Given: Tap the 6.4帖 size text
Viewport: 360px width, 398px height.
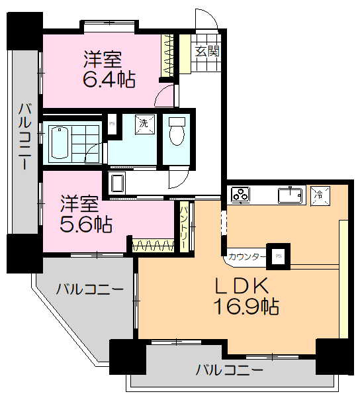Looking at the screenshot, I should coord(109,80).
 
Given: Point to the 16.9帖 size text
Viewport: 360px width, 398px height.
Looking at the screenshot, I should coord(245,307).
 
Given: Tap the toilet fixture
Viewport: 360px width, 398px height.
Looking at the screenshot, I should coord(176,132).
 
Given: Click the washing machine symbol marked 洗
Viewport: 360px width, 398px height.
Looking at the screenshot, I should coord(142,123).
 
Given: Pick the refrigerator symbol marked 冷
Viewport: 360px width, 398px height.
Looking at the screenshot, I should coord(319,195).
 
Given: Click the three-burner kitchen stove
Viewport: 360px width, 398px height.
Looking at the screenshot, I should coord(240,195).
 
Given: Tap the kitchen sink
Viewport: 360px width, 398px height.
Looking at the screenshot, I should coord(290,195).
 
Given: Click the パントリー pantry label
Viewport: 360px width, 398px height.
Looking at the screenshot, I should coord(184,226).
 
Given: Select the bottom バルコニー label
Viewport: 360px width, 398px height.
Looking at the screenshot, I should coord(229,369).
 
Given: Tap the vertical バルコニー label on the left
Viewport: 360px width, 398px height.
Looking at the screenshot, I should coord(24,136).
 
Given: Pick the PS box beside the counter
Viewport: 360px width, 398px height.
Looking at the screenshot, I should coord(279,255).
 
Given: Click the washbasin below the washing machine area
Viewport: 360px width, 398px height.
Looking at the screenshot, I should coord(118,182).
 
